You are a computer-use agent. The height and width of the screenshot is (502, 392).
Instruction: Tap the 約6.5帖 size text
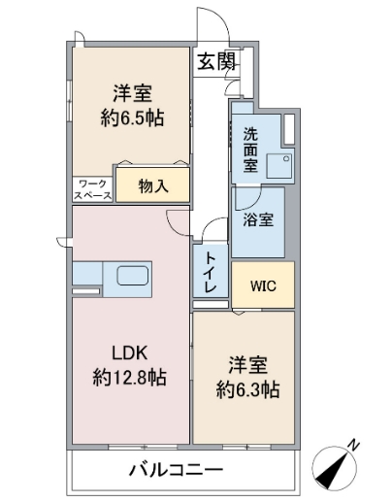[131, 118]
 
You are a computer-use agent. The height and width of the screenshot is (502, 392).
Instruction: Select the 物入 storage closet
[152, 185]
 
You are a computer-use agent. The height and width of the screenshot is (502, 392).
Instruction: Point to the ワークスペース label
[92, 187]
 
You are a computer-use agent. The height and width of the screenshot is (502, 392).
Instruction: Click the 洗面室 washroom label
[250, 151]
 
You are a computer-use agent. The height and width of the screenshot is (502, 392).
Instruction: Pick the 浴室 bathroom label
[258, 219]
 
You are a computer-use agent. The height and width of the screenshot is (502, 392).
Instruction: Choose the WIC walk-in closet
[262, 285]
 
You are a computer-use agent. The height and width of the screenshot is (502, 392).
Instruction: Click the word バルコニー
[177, 471]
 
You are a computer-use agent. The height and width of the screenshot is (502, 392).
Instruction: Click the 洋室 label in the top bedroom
[131, 93]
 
